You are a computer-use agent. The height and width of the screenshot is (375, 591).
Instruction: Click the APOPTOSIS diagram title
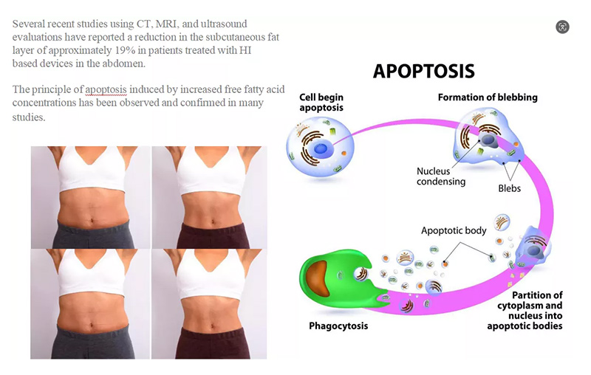tap(423, 71)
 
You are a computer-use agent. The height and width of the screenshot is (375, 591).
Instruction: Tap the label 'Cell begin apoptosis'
tap(321, 103)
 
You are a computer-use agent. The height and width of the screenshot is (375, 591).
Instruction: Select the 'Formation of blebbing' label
tap(488, 97)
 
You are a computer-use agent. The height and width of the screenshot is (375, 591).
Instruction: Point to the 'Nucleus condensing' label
tap(440, 176)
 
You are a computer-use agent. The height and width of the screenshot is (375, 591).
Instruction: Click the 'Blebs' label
tap(509, 188)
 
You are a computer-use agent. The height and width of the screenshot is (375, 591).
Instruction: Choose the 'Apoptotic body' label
tap(454, 230)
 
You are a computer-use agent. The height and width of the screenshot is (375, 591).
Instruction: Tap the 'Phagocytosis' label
tap(338, 326)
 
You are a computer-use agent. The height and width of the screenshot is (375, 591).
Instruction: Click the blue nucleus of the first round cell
tap(321, 148)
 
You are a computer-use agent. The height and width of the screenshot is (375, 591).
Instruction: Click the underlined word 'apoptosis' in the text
tap(106, 90)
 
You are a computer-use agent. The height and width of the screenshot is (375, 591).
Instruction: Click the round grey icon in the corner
tap(562, 27)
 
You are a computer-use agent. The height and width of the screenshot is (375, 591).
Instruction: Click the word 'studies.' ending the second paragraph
tap(29, 117)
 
